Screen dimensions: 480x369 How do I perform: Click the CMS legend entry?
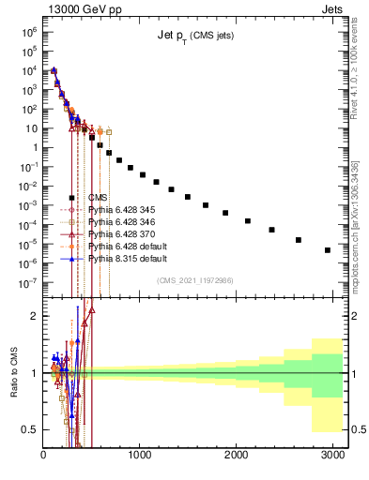(x=97, y=198)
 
